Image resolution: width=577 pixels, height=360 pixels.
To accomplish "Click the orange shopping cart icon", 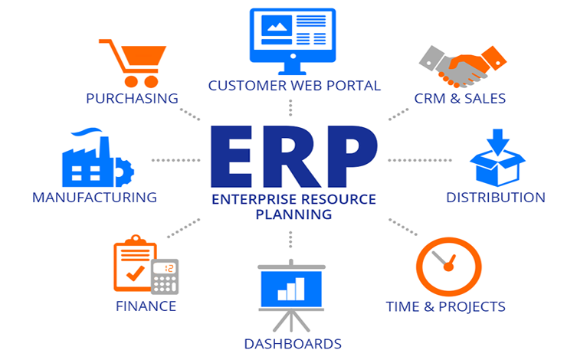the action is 133,64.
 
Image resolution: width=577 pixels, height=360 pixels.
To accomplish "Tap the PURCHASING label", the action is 132,99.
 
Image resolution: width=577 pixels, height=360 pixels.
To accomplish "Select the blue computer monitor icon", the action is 293,41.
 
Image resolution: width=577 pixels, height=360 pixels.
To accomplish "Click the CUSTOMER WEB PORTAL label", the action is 294,86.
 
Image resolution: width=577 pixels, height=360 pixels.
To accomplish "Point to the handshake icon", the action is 463,66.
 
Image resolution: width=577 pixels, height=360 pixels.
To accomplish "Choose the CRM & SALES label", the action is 460,99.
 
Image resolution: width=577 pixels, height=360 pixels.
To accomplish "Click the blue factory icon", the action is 98,157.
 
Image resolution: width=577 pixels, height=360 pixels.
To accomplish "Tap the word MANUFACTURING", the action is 94,198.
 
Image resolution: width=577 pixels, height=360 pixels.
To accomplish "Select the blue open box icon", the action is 497,157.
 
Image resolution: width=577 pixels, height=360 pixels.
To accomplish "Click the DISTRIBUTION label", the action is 496,198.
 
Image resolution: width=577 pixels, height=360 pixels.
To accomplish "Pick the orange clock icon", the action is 448,267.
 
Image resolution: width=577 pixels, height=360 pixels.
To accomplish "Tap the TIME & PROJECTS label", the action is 446,306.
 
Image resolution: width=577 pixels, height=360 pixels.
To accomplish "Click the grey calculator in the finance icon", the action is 166,277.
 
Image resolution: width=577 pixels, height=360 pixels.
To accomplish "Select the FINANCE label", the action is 146,306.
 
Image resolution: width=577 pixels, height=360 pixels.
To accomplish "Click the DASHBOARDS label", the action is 293,344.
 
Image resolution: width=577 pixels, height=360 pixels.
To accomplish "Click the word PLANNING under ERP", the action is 293,214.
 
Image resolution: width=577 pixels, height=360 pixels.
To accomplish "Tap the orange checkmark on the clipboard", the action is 135,273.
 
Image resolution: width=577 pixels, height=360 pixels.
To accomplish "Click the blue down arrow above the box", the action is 498,141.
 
